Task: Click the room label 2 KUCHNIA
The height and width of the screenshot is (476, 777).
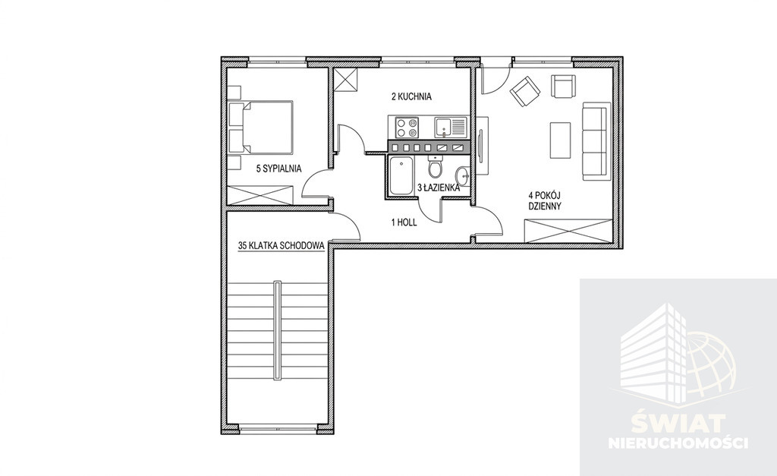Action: click(411, 96)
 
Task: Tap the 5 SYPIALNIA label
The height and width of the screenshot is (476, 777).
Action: click(278, 169)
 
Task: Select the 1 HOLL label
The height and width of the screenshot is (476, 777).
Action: click(404, 222)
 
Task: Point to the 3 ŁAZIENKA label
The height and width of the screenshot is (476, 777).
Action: click(439, 188)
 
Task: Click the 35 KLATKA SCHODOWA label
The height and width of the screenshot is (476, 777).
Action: click(282, 245)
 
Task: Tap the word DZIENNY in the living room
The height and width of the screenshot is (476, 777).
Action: click(545, 206)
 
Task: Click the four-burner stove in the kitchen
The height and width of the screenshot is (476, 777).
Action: click(407, 127)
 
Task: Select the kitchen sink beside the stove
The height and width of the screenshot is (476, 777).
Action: click(451, 127)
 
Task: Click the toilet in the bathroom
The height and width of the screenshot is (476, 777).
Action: click(436, 166)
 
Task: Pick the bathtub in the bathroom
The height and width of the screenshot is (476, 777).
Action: click(401, 175)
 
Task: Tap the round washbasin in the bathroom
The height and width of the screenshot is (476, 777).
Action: click(463, 175)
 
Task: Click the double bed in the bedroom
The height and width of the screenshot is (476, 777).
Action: click(261, 128)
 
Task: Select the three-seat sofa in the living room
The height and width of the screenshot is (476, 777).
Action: click(595, 141)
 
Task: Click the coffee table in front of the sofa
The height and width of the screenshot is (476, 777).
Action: click(560, 140)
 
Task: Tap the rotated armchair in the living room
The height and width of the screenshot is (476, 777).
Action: click(525, 91)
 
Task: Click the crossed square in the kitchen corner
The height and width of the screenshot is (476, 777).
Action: click(345, 79)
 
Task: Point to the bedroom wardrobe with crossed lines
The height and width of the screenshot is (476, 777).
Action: click(260, 194)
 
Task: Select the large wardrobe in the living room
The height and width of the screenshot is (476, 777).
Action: click(568, 231)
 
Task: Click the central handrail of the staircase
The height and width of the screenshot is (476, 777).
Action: click(278, 331)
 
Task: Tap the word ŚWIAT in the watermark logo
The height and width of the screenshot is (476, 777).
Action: click(678, 424)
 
